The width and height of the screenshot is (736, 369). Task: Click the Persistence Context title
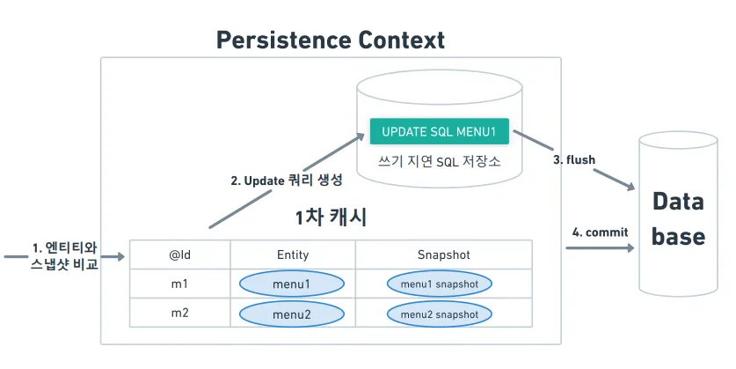[331, 40]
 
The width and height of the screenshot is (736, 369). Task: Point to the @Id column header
[180, 255]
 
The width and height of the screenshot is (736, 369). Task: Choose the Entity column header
[292, 255]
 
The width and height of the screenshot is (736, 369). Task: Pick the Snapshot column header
[443, 255]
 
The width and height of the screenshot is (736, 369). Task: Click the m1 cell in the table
[180, 284]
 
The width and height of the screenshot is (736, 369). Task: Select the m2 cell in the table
[180, 314]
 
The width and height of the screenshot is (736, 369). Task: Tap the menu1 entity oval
[292, 284]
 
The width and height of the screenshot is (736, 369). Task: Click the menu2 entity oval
[292, 314]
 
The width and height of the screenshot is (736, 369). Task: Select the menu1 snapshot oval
[439, 284]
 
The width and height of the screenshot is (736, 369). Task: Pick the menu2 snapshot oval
[439, 314]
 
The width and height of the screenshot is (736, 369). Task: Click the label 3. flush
[574, 159]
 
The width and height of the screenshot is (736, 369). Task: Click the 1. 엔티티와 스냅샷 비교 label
[63, 255]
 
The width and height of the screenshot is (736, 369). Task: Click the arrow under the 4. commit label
[600, 249]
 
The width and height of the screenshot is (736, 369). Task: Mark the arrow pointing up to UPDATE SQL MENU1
[287, 181]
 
